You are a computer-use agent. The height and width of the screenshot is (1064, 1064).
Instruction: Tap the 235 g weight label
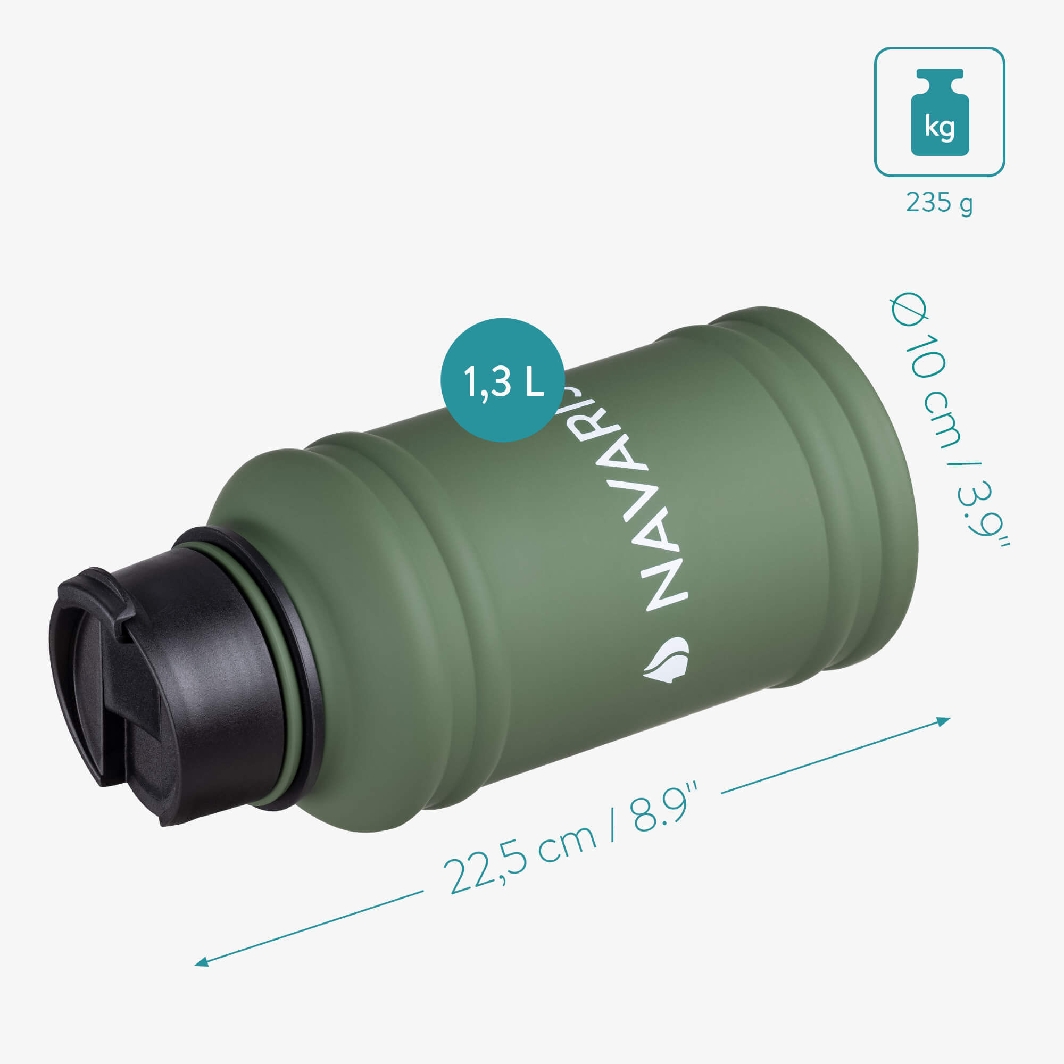point(939,203)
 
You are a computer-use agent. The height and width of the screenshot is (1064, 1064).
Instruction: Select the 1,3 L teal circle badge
point(502,379)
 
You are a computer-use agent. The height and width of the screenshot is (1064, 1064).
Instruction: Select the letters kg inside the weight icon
point(939,128)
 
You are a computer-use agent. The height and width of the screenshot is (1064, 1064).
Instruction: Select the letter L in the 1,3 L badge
point(534,382)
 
